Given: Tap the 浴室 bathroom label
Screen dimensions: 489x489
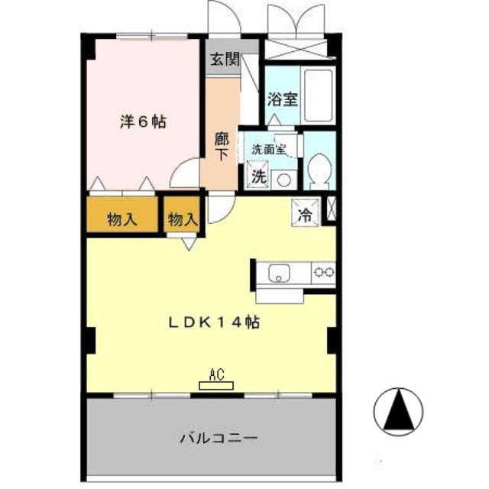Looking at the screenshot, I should click(x=283, y=99).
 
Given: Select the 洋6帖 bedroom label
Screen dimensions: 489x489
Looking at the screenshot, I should click(x=144, y=121).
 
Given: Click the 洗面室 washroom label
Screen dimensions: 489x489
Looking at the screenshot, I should click(x=268, y=150).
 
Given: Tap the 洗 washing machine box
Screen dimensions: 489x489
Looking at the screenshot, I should click(x=260, y=175).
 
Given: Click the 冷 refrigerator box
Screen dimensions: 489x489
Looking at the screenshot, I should click(x=304, y=213).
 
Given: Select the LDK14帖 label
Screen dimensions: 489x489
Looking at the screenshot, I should click(x=214, y=323).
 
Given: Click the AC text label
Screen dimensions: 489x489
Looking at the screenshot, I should click(x=215, y=374).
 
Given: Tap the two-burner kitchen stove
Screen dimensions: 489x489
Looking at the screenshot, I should click(x=322, y=271).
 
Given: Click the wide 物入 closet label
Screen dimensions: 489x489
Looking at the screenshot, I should click(x=122, y=220).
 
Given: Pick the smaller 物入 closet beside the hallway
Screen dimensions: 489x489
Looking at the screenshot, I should click(x=182, y=220).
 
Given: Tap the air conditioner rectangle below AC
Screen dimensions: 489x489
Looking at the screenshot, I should click(x=215, y=385).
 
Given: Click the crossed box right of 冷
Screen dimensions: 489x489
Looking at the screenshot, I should click(x=332, y=210).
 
